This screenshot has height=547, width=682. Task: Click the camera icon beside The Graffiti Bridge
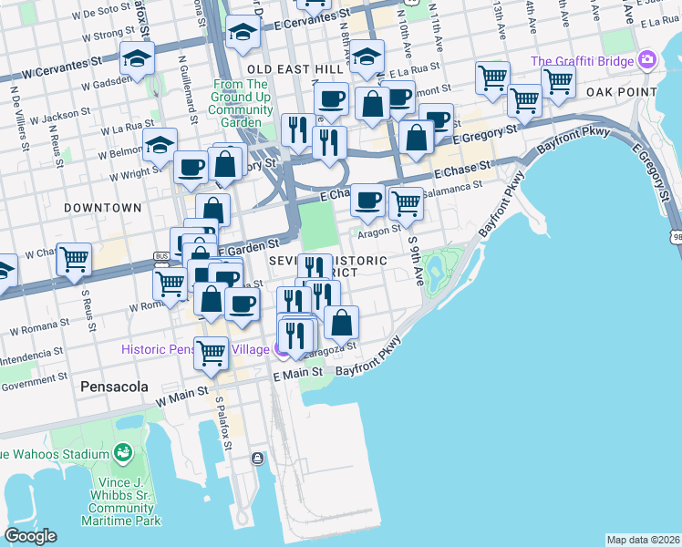[648, 60]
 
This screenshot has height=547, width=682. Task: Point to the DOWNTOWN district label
[103, 208]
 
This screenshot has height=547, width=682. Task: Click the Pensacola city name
[114, 386]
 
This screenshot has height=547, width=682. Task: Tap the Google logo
[30, 536]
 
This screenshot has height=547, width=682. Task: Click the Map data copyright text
[643, 540]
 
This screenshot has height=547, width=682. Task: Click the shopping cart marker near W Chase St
[75, 259]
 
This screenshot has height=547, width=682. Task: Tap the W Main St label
[181, 397]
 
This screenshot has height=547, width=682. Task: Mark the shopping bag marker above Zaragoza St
[341, 322]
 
